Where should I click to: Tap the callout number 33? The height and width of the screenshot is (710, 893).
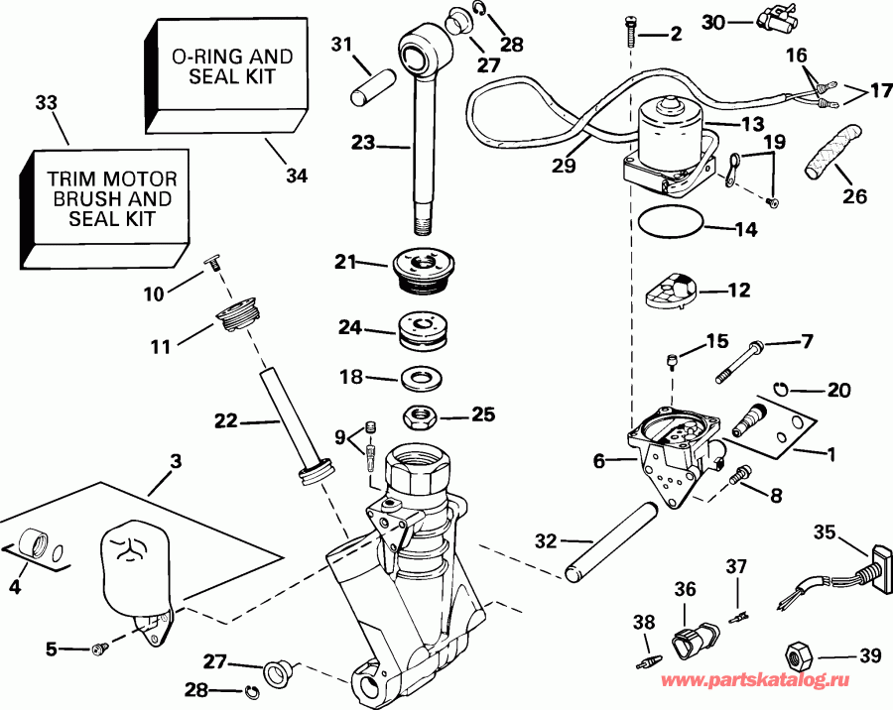(46, 102)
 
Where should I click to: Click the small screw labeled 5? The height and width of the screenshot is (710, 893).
(99, 649)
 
